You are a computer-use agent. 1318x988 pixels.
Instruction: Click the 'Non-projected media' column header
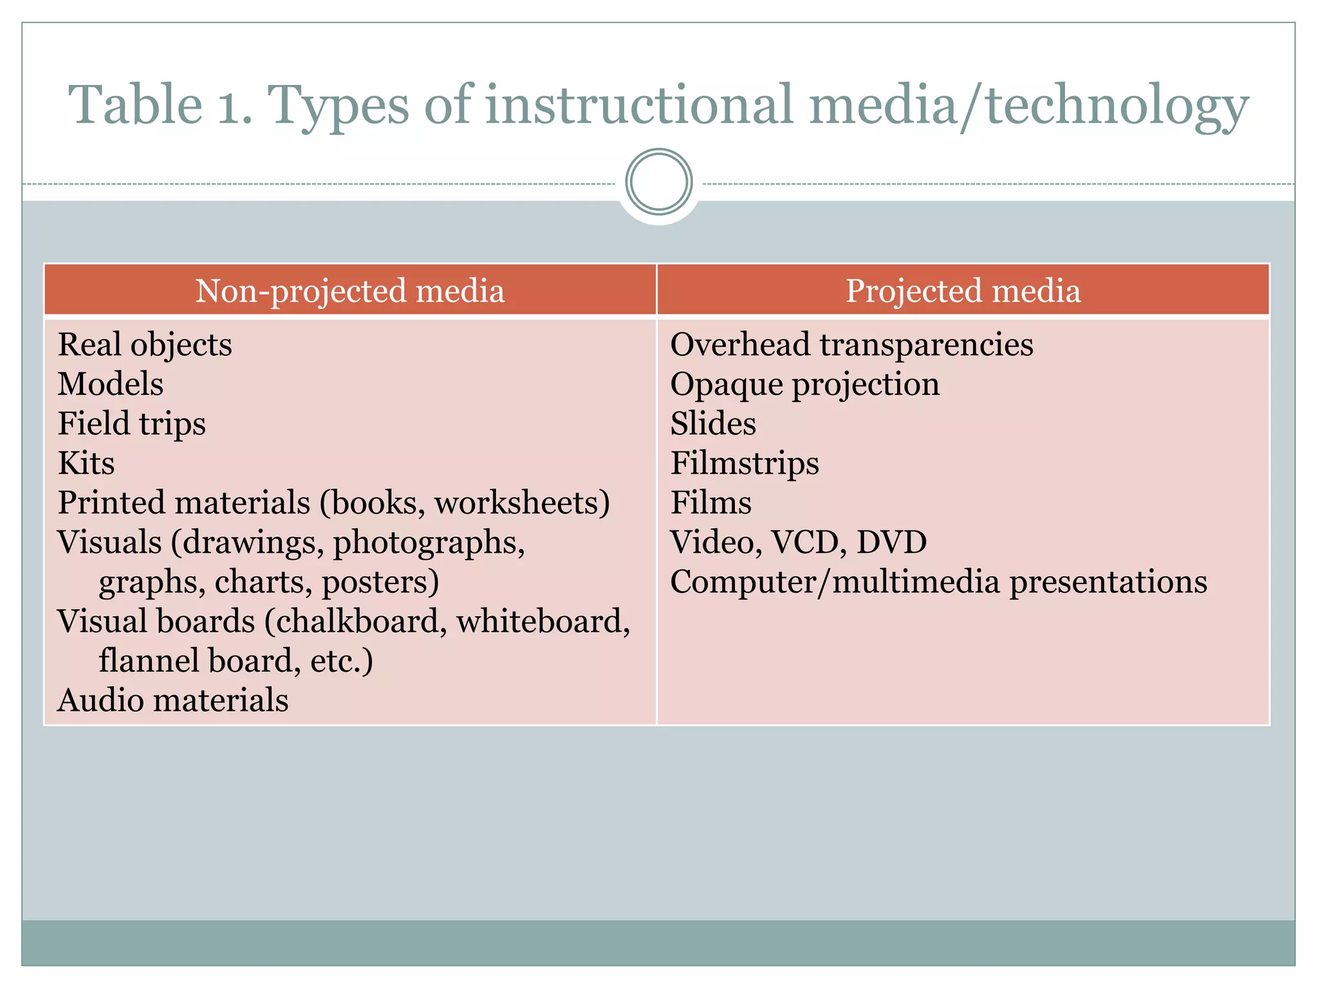coord(349,291)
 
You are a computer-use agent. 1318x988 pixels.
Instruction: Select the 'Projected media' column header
coord(963,291)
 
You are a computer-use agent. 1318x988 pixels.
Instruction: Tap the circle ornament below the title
coord(659,181)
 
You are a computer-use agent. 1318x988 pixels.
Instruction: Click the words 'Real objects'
coord(145,345)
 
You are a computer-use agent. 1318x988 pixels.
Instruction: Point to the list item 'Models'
coord(111,384)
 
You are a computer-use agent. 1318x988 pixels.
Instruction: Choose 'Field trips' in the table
coord(132,424)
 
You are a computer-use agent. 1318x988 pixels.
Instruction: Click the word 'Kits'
coord(86,464)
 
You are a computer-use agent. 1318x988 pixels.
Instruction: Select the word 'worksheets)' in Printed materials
coord(522,503)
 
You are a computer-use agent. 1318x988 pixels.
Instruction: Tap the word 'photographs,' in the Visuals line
coord(429,543)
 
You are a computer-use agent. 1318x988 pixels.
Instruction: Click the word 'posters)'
coord(380,582)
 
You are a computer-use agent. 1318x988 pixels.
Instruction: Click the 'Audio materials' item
coord(173,700)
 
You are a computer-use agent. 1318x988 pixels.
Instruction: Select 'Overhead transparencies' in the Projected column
coord(851,345)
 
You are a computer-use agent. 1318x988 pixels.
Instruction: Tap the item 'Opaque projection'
coord(804,385)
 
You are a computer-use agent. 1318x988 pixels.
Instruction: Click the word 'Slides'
coord(713,424)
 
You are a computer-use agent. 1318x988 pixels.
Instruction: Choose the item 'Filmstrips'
coord(745,464)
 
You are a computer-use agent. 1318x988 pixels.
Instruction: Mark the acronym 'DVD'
coord(891,542)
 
